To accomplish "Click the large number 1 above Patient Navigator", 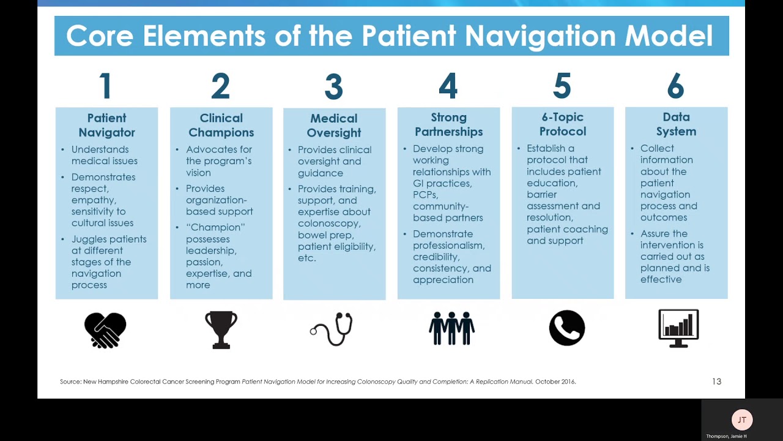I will pyautogui.click(x=105, y=86).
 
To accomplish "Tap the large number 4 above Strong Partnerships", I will pyautogui.click(x=448, y=86).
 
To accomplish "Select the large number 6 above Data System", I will pyautogui.click(x=675, y=86).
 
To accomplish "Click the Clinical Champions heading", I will pyautogui.click(x=221, y=125).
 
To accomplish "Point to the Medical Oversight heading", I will pyautogui.click(x=334, y=125).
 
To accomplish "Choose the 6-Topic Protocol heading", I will pyautogui.click(x=562, y=124).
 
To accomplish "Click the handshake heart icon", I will pyautogui.click(x=105, y=330).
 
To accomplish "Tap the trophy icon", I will pyautogui.click(x=221, y=330).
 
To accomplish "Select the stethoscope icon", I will pyautogui.click(x=332, y=330).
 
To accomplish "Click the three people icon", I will pyautogui.click(x=451, y=329).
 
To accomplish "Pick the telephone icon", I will pyautogui.click(x=566, y=328).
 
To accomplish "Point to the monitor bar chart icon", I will pyautogui.click(x=678, y=328).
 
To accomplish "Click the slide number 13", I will pyautogui.click(x=716, y=382).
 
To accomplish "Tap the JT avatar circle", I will pyautogui.click(x=742, y=420).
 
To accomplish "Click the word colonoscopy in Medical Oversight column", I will pyautogui.click(x=329, y=224).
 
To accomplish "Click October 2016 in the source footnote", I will pyautogui.click(x=555, y=382).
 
